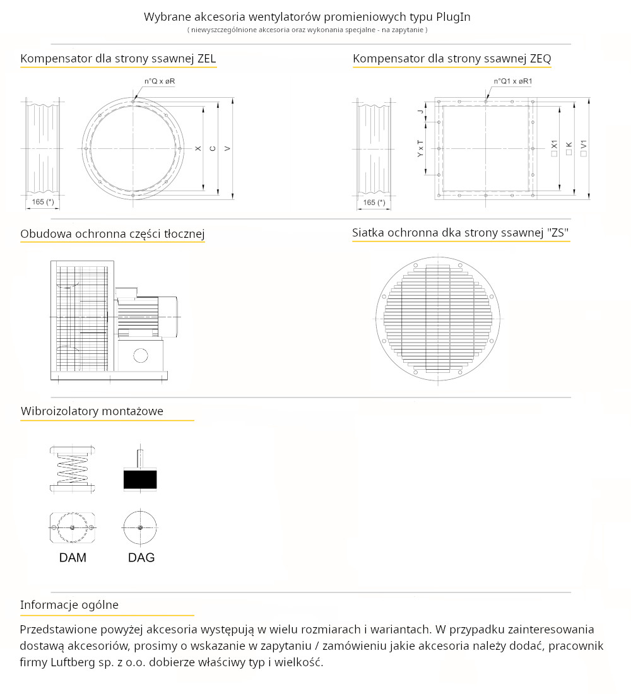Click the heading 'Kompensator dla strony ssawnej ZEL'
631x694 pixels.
tap(118, 59)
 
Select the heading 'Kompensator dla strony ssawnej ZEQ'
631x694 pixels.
tap(452, 59)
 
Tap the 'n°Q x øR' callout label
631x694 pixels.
tap(160, 81)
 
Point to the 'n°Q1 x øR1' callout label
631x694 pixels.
tap(513, 81)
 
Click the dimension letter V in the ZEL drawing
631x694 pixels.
tap(227, 148)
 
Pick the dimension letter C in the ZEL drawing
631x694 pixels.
tap(213, 148)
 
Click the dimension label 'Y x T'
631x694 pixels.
tap(421, 149)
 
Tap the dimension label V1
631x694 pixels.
tap(584, 148)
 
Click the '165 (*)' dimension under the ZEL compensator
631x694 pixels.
tap(42, 203)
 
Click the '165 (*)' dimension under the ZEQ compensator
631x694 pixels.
tap(374, 203)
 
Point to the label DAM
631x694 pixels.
tap(73, 558)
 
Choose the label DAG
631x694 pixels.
tap(141, 558)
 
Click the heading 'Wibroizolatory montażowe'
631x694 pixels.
tap(92, 411)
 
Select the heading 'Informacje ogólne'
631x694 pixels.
tap(69, 605)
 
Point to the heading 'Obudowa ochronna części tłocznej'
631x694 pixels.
tap(112, 234)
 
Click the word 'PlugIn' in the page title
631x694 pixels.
tap(453, 17)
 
